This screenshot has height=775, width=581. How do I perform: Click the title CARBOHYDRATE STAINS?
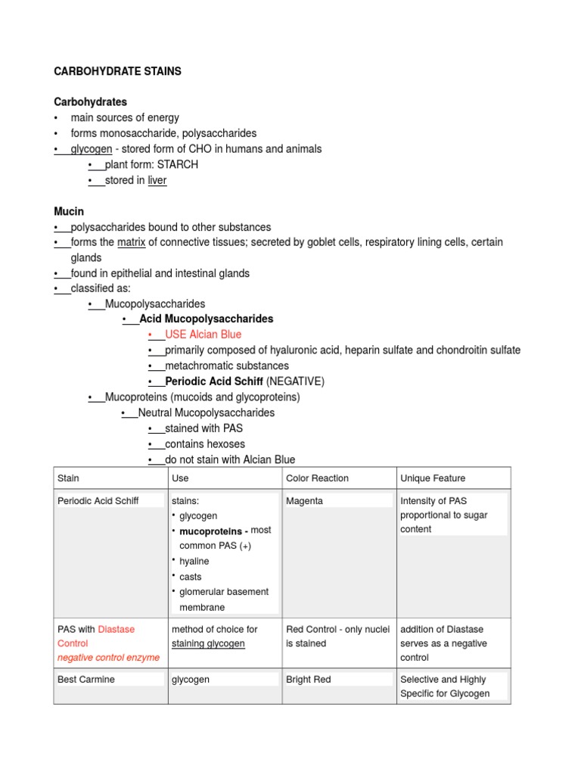pyautogui.click(x=117, y=71)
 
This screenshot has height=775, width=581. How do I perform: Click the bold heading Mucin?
pyautogui.click(x=69, y=211)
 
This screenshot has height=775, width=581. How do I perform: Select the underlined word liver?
pyautogui.click(x=157, y=180)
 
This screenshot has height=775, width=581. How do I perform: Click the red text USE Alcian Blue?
pyautogui.click(x=203, y=334)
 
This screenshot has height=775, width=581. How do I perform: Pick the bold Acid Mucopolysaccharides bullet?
pyautogui.click(x=206, y=319)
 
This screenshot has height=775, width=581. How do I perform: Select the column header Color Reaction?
pyautogui.click(x=317, y=478)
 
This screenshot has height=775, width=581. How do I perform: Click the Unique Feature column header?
pyautogui.click(x=433, y=478)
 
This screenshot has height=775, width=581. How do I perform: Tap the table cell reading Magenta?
pyautogui.click(x=304, y=501)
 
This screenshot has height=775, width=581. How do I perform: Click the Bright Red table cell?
pyautogui.click(x=308, y=680)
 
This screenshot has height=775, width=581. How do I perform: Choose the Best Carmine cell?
pyautogui.click(x=86, y=680)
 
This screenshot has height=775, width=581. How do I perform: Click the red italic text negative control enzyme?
pyautogui.click(x=108, y=658)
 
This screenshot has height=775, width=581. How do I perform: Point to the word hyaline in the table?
pyautogui.click(x=194, y=562)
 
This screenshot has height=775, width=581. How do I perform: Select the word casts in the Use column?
pyautogui.click(x=191, y=577)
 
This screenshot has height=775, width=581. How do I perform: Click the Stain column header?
pyautogui.click(x=68, y=478)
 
